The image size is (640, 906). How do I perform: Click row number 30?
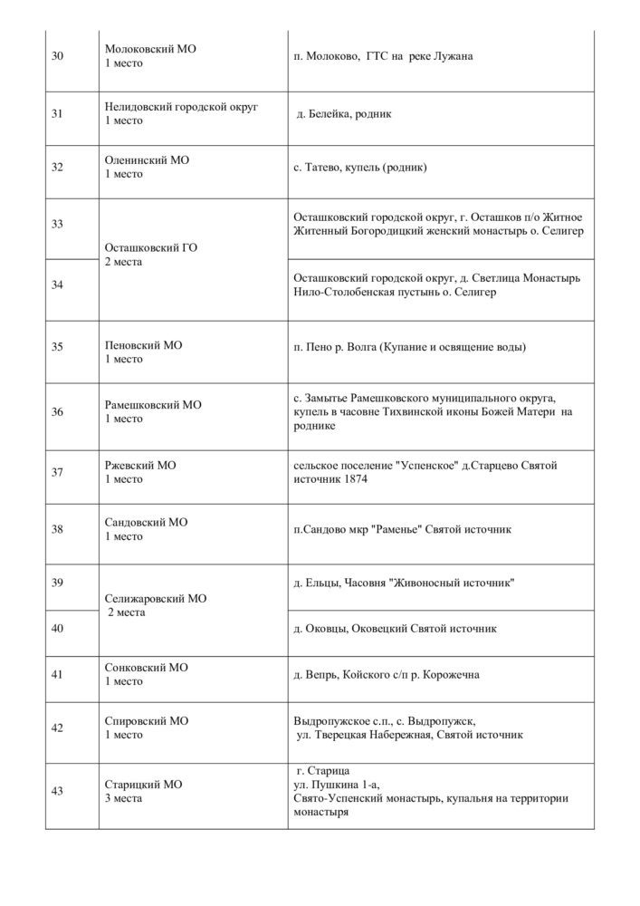[57, 56]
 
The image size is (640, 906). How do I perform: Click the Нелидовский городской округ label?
[181, 107]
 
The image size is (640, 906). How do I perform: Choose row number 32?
[57, 167]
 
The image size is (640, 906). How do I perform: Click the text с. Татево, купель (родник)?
[359, 168]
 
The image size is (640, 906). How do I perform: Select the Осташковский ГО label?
[151, 247]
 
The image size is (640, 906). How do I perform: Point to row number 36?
[57, 412]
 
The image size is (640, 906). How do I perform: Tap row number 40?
[57, 628]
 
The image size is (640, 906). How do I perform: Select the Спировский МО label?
[147, 721]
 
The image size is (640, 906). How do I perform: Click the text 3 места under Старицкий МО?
[124, 798]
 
